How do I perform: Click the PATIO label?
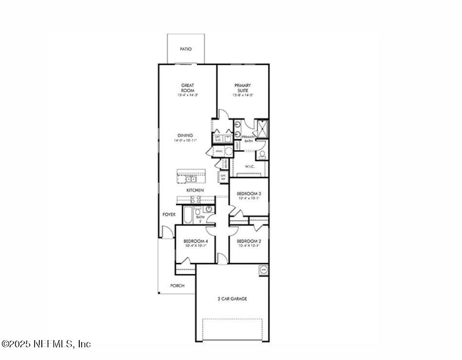(185, 49)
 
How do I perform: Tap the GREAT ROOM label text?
(188, 88)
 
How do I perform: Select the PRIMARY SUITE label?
(242, 88)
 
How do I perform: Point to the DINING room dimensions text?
(185, 141)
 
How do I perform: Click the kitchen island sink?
(191, 179)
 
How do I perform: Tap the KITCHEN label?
(195, 190)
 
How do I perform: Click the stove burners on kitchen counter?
(195, 199)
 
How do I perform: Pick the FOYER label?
(169, 214)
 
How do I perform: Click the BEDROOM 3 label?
(249, 193)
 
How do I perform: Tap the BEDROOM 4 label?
(195, 241)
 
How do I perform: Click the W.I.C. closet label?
(250, 166)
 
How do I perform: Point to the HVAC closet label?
(219, 152)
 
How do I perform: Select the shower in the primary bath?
(262, 128)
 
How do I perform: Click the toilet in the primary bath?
(262, 155)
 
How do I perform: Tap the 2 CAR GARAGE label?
(232, 299)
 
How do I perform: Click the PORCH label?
(177, 286)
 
